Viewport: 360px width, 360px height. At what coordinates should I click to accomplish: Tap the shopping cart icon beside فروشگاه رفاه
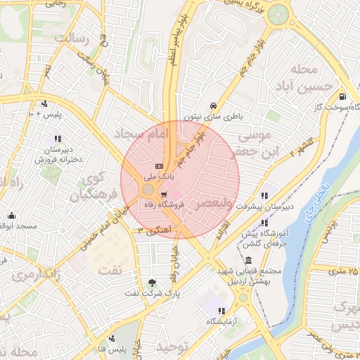click(x=164, y=195)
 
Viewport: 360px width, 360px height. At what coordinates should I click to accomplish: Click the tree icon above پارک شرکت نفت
click(x=152, y=283)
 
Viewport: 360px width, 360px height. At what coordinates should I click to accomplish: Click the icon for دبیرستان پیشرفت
click(x=264, y=196)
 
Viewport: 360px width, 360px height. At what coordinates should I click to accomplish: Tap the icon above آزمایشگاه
click(x=221, y=311)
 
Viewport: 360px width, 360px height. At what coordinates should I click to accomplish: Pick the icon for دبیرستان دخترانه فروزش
click(x=57, y=139)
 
